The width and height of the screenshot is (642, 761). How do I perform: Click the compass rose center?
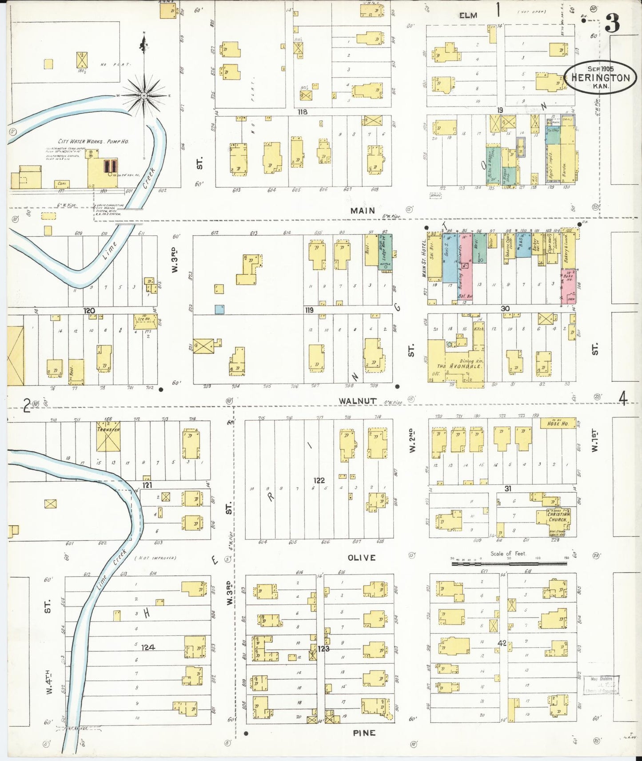[144, 95]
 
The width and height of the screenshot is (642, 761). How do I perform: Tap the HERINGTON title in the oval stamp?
[600, 78]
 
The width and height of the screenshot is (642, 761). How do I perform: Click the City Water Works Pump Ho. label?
[93, 141]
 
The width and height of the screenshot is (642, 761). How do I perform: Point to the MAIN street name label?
[363, 210]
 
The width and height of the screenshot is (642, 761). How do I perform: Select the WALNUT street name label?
[357, 401]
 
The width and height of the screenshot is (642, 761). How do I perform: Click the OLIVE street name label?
[361, 558]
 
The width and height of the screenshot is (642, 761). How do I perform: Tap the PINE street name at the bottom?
[364, 733]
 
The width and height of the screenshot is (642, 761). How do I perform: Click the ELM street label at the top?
[468, 16]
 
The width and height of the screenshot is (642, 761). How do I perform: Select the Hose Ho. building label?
[558, 424]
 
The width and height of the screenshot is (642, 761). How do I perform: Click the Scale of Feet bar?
[509, 563]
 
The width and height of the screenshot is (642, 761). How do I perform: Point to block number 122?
[319, 480]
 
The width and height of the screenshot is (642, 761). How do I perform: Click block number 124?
[148, 647]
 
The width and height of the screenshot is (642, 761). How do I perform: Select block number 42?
[502, 643]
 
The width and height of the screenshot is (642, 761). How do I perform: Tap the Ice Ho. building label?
[144, 319]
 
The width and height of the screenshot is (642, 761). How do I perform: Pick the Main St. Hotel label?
[424, 259]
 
